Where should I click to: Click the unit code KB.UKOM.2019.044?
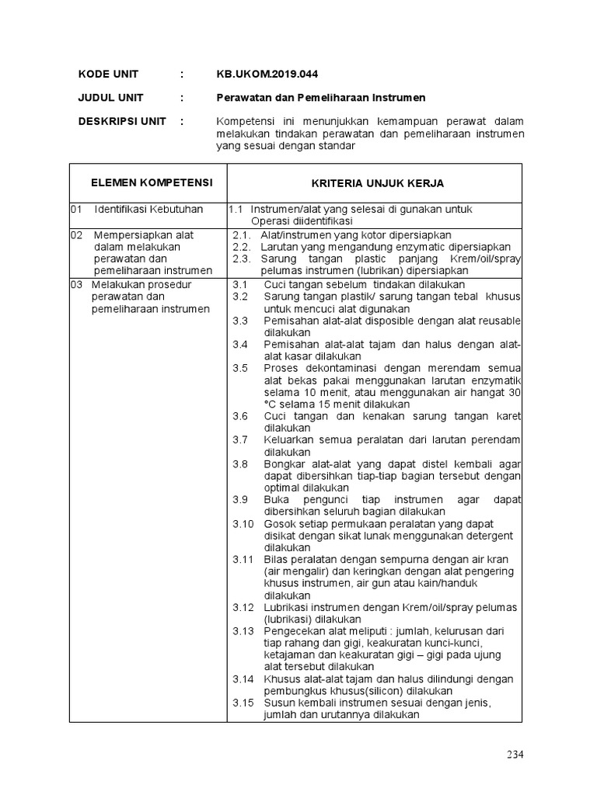(267, 74)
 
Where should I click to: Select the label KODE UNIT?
(108, 74)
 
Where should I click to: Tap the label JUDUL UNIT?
(110, 98)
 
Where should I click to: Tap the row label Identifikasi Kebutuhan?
(148, 210)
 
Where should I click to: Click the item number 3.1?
(239, 284)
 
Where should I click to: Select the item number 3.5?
(239, 367)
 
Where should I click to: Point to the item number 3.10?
(243, 523)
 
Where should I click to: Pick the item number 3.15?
(243, 703)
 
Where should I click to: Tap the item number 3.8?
(239, 463)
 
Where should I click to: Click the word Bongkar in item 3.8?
(283, 463)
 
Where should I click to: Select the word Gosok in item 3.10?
(278, 523)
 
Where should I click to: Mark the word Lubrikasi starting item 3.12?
(287, 606)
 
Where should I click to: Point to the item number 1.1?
(236, 210)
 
